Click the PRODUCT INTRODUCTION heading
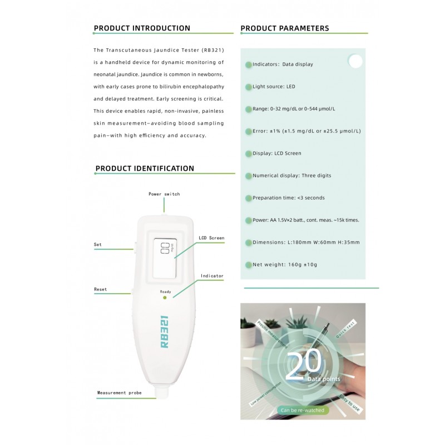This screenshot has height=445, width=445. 142,28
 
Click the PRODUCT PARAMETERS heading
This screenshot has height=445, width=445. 284,28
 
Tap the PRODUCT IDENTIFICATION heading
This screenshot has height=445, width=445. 145,169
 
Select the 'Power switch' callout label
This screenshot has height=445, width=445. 164,194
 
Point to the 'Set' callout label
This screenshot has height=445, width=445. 97,244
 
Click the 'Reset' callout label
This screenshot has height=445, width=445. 101,289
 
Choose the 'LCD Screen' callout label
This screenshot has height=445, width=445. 211,238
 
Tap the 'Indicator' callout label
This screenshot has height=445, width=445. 212,276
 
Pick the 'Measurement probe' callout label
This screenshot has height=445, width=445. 119,393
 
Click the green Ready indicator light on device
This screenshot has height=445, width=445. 165,298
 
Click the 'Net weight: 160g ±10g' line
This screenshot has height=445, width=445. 285,264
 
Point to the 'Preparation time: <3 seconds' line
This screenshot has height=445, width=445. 288,197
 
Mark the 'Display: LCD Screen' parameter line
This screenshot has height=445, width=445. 276,153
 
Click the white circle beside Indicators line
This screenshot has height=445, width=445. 355,61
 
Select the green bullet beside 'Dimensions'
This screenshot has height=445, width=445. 248,243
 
